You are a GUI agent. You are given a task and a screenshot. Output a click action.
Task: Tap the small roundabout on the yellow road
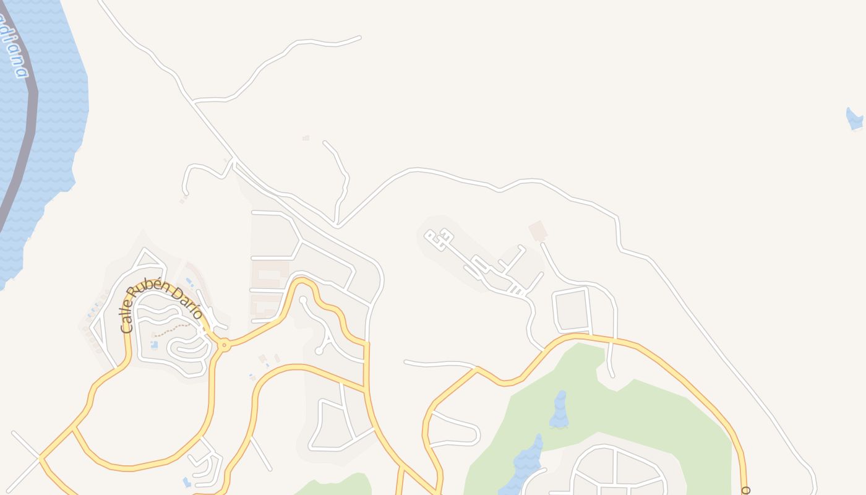(x=224, y=345)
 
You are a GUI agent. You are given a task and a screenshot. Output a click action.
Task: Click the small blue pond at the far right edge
(x=854, y=119)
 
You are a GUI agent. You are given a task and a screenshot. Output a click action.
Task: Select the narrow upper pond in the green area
(x=559, y=410)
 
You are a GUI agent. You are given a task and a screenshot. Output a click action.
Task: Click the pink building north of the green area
(x=538, y=230)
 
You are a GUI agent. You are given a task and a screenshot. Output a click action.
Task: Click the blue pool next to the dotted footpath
(x=154, y=345)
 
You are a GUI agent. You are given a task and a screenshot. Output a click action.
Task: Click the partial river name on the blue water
(x=14, y=46)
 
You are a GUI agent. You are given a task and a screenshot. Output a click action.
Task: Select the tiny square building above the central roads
(x=306, y=138)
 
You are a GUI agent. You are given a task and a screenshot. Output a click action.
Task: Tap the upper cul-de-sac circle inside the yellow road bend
(x=303, y=300)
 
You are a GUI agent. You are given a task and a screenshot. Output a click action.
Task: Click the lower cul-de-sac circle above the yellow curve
(x=319, y=351)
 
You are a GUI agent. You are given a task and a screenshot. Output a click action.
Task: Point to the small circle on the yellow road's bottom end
(x=745, y=491)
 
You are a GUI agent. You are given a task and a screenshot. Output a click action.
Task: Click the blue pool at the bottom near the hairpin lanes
(x=187, y=481)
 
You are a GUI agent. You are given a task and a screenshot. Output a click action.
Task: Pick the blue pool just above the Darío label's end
(x=189, y=282)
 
